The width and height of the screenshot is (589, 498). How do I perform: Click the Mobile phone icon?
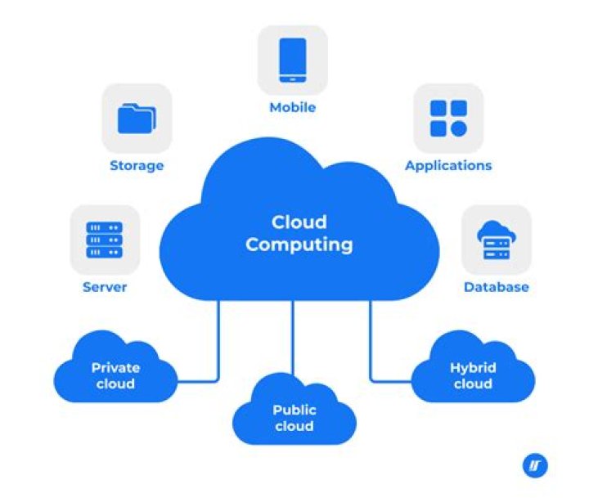(x=293, y=60)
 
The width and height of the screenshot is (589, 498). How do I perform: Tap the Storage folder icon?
(x=136, y=118)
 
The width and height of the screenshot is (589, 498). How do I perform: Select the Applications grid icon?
(x=447, y=118)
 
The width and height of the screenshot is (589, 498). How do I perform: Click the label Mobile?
(x=293, y=107)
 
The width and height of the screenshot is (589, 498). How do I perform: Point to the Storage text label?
(x=137, y=165)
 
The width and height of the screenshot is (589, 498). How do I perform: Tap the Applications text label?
(x=448, y=165)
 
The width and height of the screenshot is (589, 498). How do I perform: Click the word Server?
(x=105, y=287)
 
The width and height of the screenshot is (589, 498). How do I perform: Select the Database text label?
(x=496, y=287)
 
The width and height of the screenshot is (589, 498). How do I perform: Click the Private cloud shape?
(x=115, y=375)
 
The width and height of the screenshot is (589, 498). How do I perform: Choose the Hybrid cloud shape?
(x=473, y=375)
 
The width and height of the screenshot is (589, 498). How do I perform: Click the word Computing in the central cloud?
(x=299, y=244)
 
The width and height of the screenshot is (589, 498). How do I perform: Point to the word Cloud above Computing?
(x=299, y=222)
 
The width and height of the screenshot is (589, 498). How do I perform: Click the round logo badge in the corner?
(x=534, y=465)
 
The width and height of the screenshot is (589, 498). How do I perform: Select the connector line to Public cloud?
(x=294, y=335)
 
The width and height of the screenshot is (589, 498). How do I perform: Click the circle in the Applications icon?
(x=458, y=128)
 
